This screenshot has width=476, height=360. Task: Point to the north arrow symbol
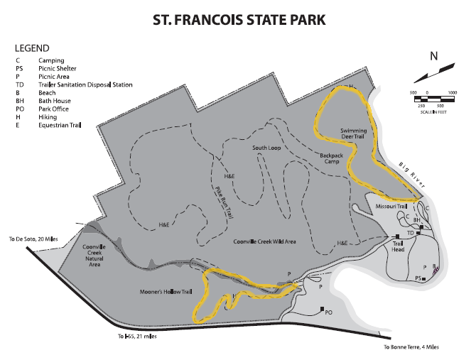pyautogui.click(x=436, y=71)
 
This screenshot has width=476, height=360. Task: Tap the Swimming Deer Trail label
pyautogui.click(x=353, y=135)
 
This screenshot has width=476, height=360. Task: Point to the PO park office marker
pyautogui.click(x=328, y=312)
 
